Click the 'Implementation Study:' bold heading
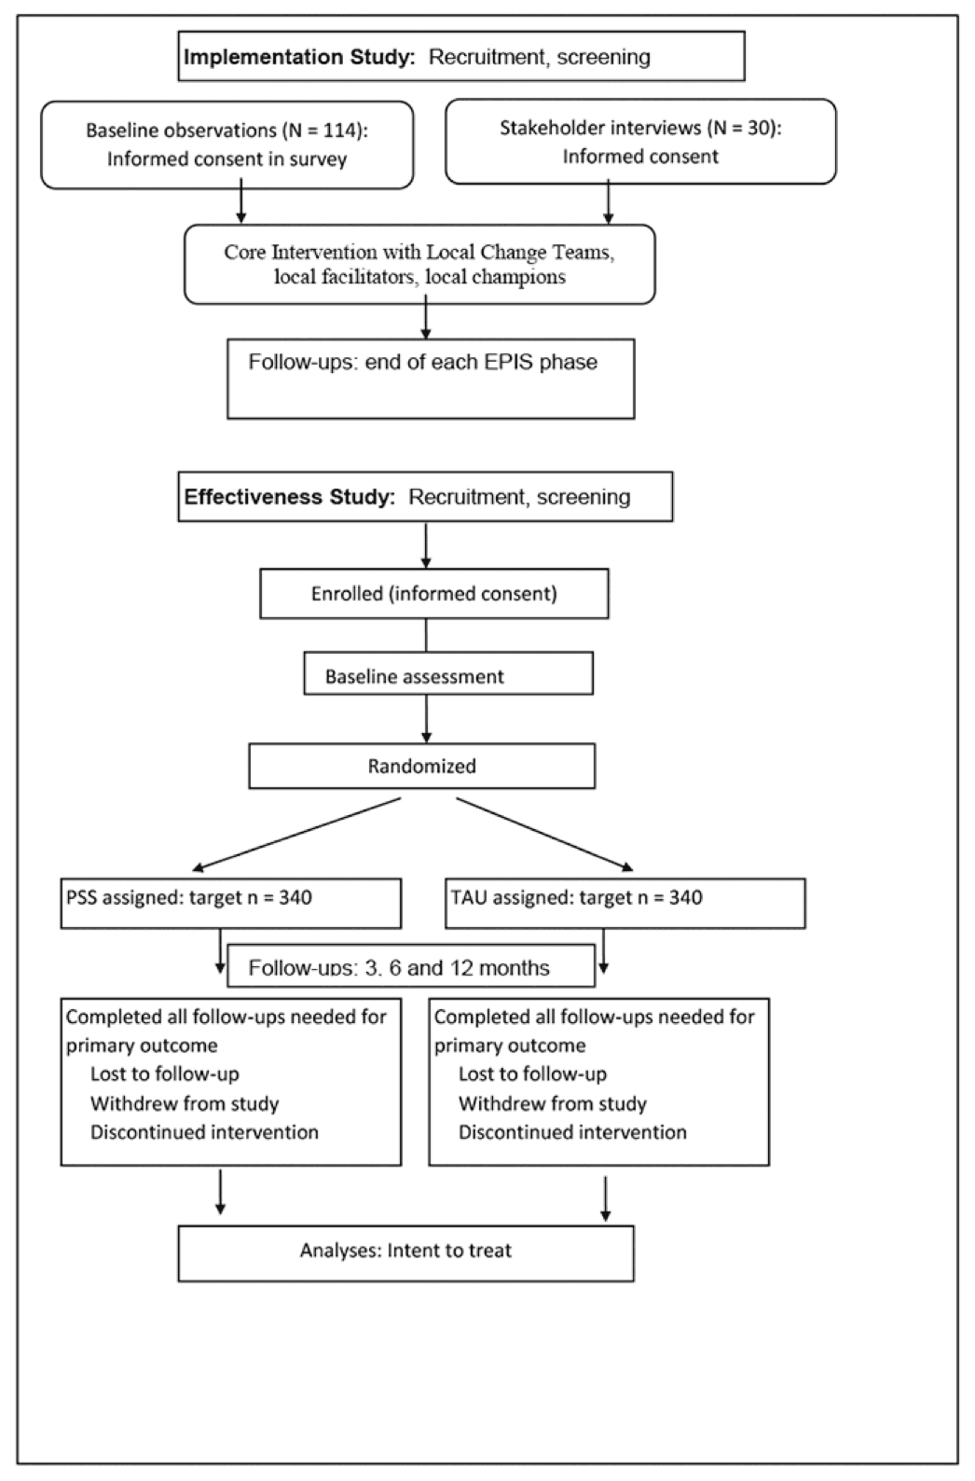click(x=298, y=57)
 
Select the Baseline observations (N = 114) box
click(x=227, y=145)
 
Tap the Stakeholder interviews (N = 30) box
click(x=640, y=142)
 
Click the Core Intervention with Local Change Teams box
click(x=419, y=264)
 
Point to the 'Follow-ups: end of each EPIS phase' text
click(x=422, y=362)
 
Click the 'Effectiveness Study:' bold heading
click(x=290, y=497)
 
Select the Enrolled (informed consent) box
click(x=433, y=593)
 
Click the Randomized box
click(x=421, y=766)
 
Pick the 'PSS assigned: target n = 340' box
click(x=230, y=902)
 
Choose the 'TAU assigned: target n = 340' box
click(x=625, y=902)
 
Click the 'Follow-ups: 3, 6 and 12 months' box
click(x=410, y=966)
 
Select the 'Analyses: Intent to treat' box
click(x=405, y=1252)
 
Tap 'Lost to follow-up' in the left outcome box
click(x=165, y=1074)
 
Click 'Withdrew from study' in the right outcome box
click(x=552, y=1103)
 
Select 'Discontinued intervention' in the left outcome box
click(x=204, y=1132)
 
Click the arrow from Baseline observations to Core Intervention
click(x=241, y=204)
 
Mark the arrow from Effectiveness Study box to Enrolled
click(x=426, y=545)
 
